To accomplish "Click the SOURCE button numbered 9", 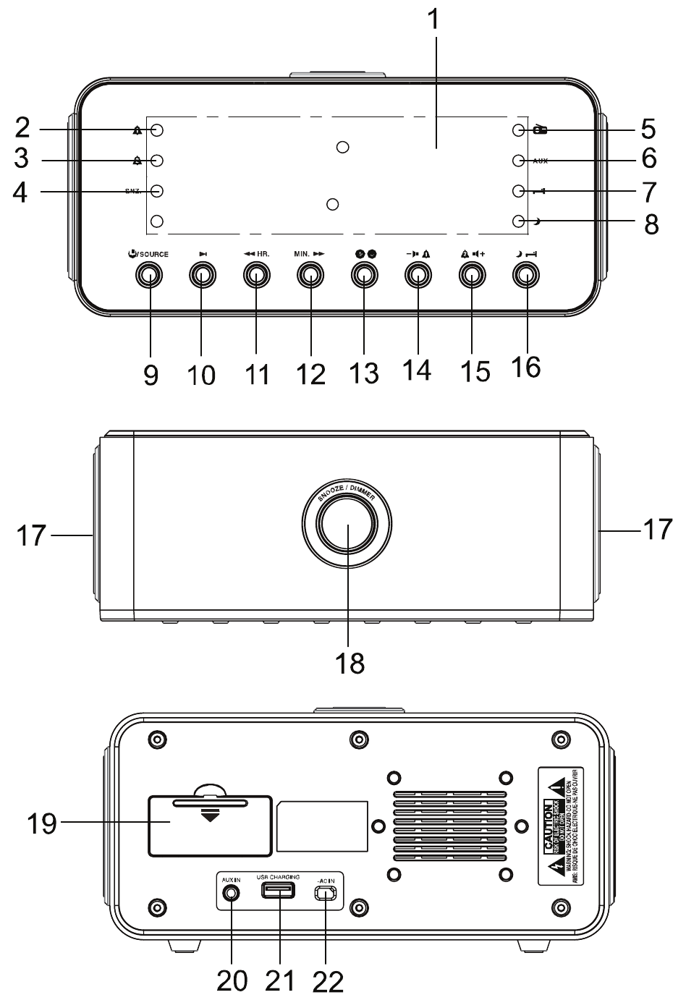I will point(150,274).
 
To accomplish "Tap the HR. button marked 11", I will point(256,274).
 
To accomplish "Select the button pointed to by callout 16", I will point(526,274).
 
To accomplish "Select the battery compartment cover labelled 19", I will point(210,824).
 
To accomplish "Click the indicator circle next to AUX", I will point(517,161).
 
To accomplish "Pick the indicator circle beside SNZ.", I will point(157,192).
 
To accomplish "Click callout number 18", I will point(350,662).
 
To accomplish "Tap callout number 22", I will point(328,982).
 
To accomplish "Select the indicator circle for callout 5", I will point(517,130).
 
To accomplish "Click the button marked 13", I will point(363,274).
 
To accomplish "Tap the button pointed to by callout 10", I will point(203,274).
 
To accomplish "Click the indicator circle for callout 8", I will point(517,221).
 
